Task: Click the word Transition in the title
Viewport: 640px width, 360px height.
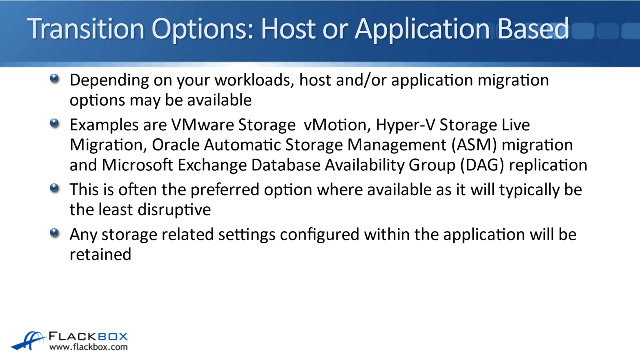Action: [85, 29]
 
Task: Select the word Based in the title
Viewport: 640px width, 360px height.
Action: [533, 29]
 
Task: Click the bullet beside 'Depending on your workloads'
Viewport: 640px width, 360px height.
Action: [54, 78]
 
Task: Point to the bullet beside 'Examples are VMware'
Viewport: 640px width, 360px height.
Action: [54, 123]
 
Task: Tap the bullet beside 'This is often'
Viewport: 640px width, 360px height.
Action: [54, 188]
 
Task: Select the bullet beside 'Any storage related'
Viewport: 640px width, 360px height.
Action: [54, 232]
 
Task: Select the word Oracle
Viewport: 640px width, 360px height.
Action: [175, 145]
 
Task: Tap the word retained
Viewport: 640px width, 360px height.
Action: [100, 255]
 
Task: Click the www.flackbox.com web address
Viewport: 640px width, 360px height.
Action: [88, 347]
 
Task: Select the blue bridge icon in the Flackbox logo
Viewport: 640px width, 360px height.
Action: [28, 340]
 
